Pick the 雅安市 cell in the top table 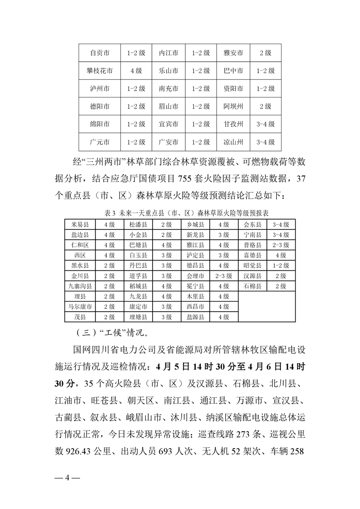tap(233, 53)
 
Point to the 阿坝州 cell tap(233, 107)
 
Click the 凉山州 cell tap(233, 142)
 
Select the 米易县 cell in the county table tap(80, 225)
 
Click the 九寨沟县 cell tap(80, 286)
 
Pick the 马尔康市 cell tap(80, 307)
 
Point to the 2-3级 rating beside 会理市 tap(223, 276)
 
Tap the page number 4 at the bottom tap(67, 479)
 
